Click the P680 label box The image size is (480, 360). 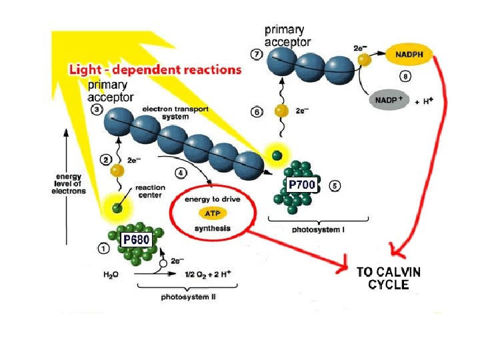click(x=136, y=239)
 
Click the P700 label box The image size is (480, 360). click(x=301, y=183)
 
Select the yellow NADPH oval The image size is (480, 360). click(x=409, y=55)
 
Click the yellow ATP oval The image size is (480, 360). click(x=213, y=213)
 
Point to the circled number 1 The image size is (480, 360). click(x=104, y=249)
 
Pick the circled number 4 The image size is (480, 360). click(x=180, y=172)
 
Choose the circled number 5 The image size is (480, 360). click(x=335, y=185)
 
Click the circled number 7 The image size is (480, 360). click(x=255, y=53)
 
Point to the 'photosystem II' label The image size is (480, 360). click(x=188, y=297)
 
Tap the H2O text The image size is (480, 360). click(x=113, y=274)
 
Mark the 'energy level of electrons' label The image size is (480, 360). click(x=69, y=184)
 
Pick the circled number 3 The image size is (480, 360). click(x=97, y=109)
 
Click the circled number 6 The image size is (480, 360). click(x=258, y=113)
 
